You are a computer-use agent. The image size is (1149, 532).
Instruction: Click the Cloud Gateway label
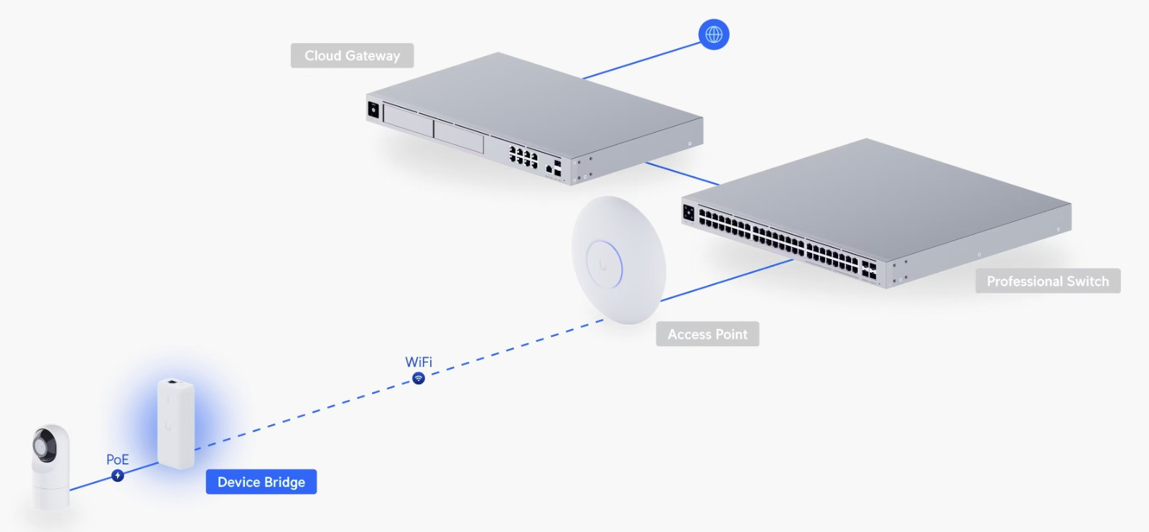point(352,55)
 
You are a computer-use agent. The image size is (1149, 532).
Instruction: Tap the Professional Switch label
point(1047,281)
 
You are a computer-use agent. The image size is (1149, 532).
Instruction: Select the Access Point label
point(707,334)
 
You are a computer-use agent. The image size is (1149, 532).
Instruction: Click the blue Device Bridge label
point(261,482)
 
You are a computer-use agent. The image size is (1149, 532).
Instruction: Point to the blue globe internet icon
point(714,34)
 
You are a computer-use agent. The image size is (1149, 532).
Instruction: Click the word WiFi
point(419,362)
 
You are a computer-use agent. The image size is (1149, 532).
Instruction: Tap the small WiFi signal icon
point(419,378)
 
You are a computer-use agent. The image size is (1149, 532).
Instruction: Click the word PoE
point(118,459)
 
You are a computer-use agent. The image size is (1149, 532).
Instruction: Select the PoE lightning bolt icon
point(118,475)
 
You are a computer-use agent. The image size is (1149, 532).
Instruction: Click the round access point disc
point(618,259)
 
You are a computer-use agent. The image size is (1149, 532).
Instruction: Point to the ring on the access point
point(604,265)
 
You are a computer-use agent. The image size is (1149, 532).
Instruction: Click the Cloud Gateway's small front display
point(373,110)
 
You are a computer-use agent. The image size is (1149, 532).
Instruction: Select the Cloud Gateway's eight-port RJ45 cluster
point(524,157)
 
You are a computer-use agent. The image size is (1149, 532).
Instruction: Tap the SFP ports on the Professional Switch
point(869,270)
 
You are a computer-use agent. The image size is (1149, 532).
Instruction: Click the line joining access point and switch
point(725,280)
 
